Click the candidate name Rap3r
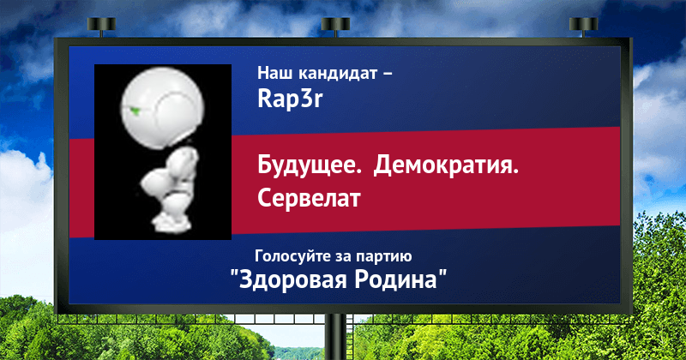(x=290, y=99)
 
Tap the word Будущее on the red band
(x=310, y=166)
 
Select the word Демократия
(x=446, y=166)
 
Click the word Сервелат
(x=309, y=198)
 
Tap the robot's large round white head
(x=162, y=108)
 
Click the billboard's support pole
(x=335, y=337)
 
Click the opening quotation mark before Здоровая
(x=234, y=274)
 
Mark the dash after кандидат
(x=388, y=75)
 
